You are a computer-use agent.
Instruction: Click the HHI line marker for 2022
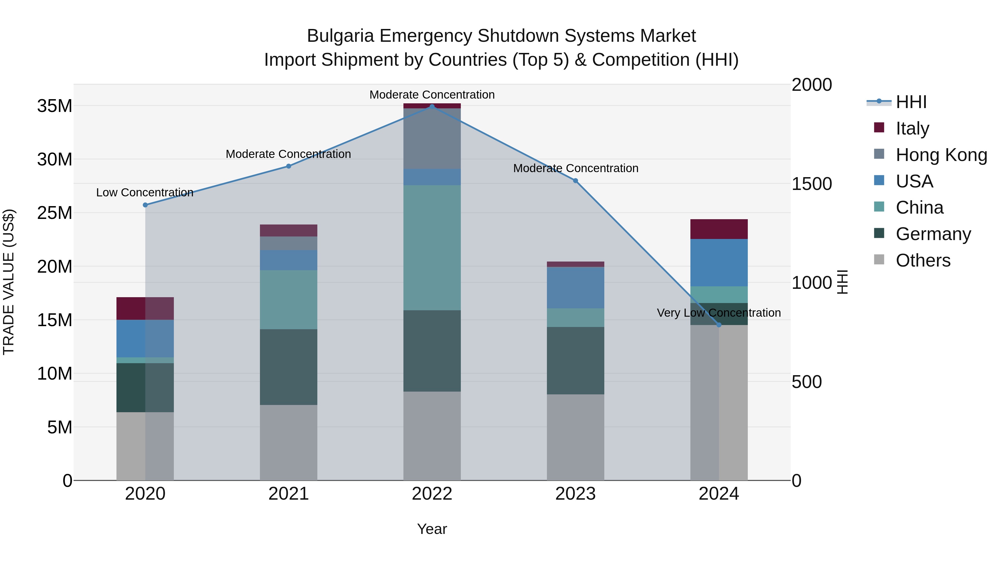pyautogui.click(x=432, y=106)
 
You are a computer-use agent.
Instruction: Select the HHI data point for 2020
pyautogui.click(x=145, y=205)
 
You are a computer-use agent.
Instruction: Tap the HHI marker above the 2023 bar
pyautogui.click(x=576, y=180)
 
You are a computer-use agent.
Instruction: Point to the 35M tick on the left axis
pyautogui.click(x=55, y=106)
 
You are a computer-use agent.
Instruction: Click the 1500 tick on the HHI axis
pyautogui.click(x=812, y=184)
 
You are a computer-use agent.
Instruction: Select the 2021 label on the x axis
pyautogui.click(x=289, y=494)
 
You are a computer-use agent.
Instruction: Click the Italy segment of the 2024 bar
pyautogui.click(x=719, y=229)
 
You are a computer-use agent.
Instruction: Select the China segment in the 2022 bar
pyautogui.click(x=432, y=248)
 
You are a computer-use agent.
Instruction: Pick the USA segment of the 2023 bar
pyautogui.click(x=576, y=288)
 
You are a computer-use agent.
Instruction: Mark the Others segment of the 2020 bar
pyautogui.click(x=145, y=446)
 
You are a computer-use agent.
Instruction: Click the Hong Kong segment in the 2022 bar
pyautogui.click(x=432, y=139)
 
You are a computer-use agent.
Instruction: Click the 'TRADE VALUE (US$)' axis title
pyautogui.click(x=9, y=282)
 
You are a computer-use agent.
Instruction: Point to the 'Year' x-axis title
pyautogui.click(x=432, y=529)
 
